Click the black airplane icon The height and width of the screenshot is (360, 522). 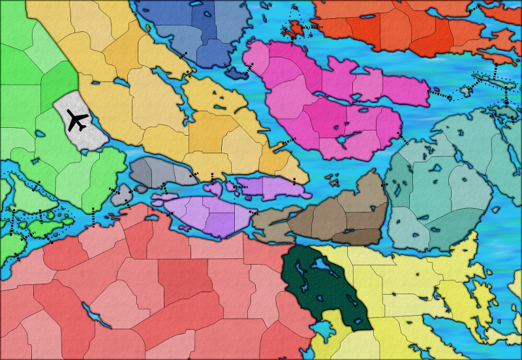[78, 121]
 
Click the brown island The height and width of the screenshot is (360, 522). [339, 215]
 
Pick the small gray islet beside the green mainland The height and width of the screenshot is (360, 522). [121, 194]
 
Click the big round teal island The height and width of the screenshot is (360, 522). [437, 189]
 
